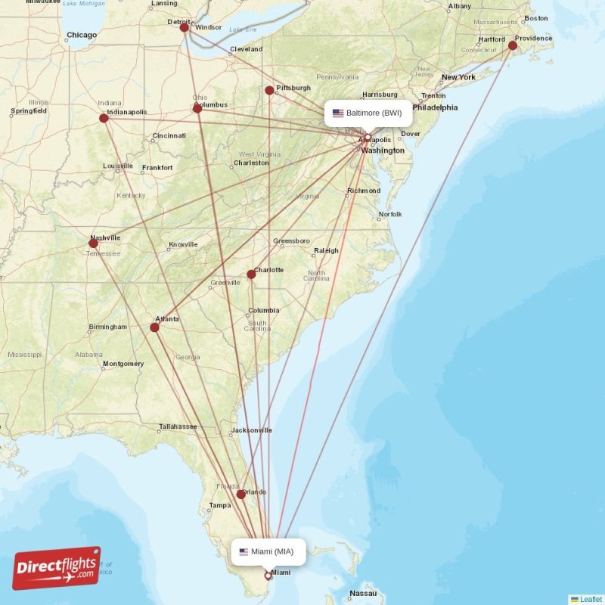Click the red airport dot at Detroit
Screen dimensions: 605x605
tap(184, 27)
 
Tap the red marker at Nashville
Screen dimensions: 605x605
tap(93, 244)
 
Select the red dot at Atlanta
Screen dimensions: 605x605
tap(154, 327)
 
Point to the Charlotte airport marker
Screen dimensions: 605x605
tap(251, 275)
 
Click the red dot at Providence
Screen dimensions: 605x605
tap(513, 46)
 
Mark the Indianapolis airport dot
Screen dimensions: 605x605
tap(104, 117)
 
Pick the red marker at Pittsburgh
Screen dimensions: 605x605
tap(269, 91)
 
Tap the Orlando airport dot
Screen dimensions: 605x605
tap(240, 495)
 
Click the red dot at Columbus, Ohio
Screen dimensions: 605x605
tap(197, 108)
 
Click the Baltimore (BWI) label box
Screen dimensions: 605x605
tap(369, 113)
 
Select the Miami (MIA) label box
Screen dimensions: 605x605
tap(268, 552)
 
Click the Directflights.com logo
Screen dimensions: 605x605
tap(57, 568)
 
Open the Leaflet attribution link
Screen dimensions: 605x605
tap(591, 599)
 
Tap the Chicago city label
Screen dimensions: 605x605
tap(82, 35)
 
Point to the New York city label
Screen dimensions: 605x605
tap(458, 77)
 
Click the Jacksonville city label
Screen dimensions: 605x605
tap(252, 430)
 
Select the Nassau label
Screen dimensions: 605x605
tap(364, 593)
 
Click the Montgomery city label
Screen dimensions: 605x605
tap(123, 364)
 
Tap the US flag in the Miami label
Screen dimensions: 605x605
tap(244, 552)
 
